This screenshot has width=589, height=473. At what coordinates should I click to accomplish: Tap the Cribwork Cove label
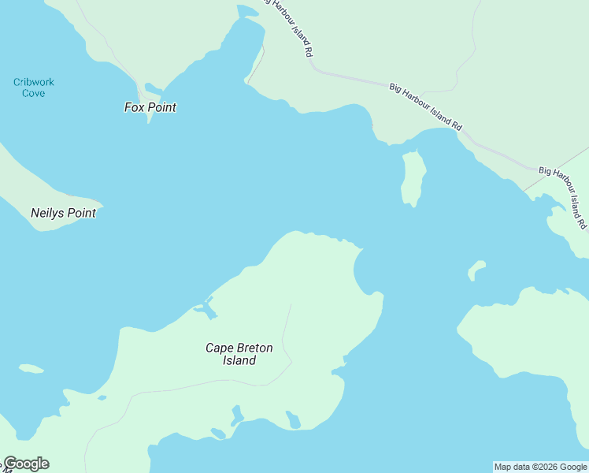point(34,88)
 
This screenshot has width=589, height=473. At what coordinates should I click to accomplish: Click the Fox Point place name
point(150,107)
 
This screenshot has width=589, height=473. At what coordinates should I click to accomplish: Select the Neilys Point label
point(63,213)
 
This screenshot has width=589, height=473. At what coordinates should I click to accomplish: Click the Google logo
point(26,464)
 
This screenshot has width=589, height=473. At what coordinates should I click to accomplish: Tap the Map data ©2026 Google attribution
point(540,467)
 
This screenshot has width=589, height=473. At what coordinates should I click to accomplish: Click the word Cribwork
point(34,82)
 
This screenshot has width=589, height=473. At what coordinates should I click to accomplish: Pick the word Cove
point(34,93)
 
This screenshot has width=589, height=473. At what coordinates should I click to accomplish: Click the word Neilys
point(50,213)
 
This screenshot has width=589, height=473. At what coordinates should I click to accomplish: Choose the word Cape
point(218,348)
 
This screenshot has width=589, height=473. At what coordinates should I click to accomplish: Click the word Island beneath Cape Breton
point(239,361)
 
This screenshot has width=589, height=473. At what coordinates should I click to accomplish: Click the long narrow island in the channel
point(413,177)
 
